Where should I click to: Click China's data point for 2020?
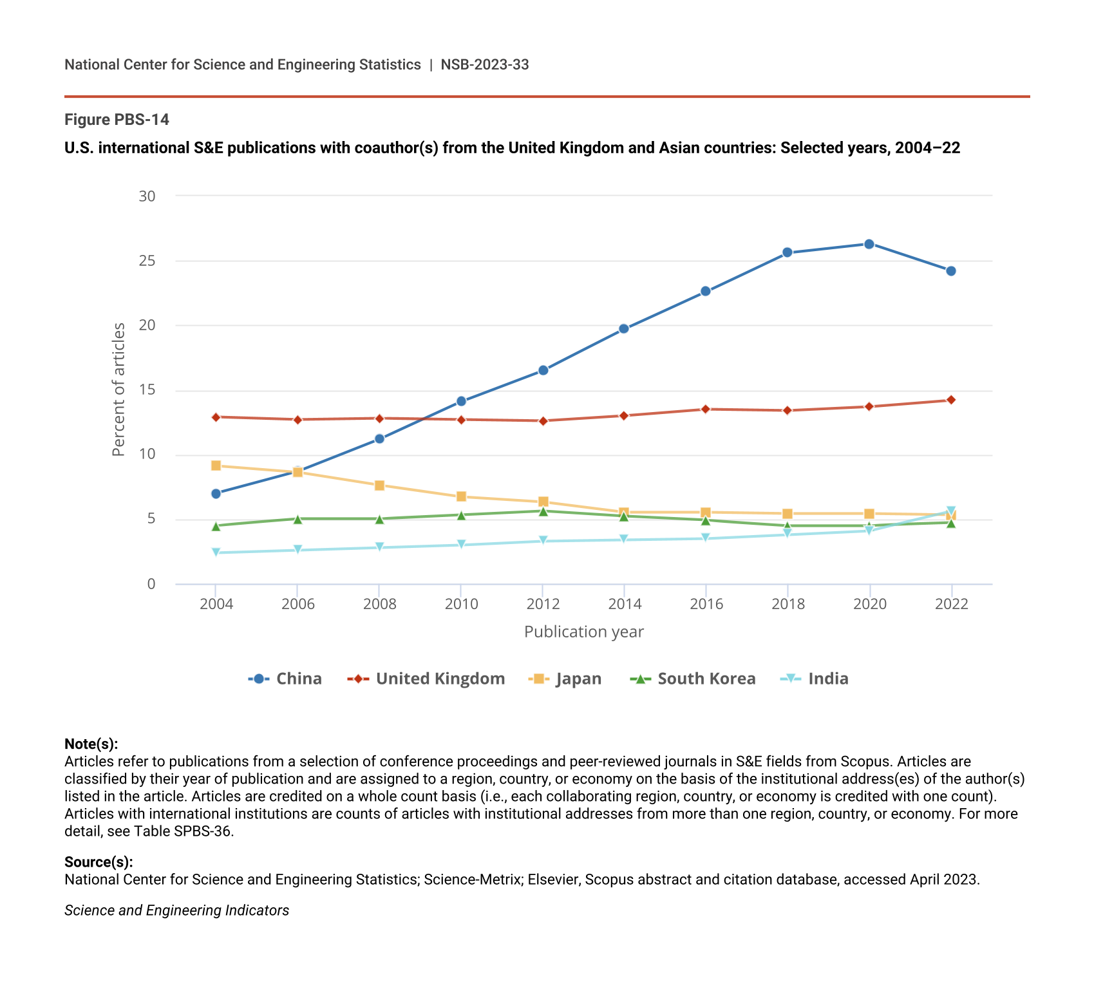(x=869, y=244)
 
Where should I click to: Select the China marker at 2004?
(x=216, y=494)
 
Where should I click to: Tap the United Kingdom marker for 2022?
(x=951, y=400)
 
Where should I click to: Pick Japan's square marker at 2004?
(x=216, y=466)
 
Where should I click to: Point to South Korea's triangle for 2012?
(x=543, y=511)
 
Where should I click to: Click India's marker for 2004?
(x=216, y=552)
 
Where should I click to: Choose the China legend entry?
(x=285, y=679)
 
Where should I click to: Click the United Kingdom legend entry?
(x=426, y=679)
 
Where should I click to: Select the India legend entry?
(x=815, y=679)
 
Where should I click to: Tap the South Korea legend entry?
(x=693, y=679)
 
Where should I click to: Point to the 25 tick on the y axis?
(x=147, y=261)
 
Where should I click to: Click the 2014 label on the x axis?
(x=625, y=604)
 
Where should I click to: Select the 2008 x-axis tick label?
(x=379, y=604)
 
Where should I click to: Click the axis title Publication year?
(x=583, y=632)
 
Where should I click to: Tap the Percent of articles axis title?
(x=118, y=390)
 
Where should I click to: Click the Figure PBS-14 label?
(x=117, y=120)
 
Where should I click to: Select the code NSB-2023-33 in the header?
(x=484, y=64)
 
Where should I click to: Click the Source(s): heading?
(x=99, y=862)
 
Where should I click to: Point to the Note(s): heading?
(x=91, y=744)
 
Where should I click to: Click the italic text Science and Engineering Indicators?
(x=176, y=910)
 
